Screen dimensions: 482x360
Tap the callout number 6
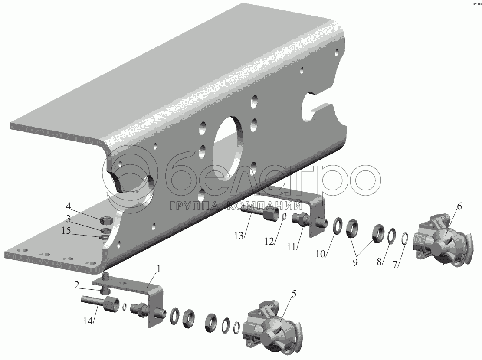coord(459,206)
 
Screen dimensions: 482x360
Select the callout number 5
coord(294,294)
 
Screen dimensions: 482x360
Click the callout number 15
coord(66,230)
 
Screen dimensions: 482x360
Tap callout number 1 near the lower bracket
coord(159,269)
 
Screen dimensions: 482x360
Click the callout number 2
coord(77,286)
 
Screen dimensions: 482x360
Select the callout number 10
coord(321,254)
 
